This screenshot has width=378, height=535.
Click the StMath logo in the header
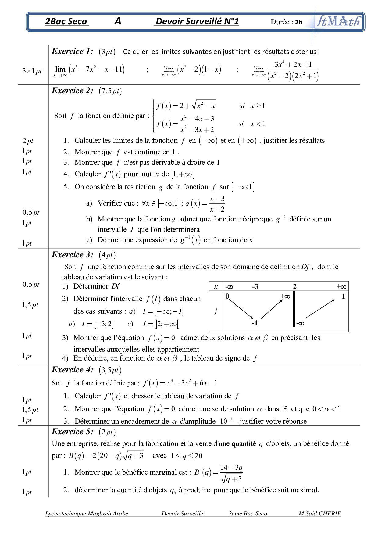[338, 21]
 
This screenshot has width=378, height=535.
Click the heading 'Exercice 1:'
[72, 51]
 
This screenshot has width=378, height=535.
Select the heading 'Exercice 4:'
[72, 370]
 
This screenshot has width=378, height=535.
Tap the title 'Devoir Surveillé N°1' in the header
[197, 21]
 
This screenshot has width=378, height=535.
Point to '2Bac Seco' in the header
[66, 21]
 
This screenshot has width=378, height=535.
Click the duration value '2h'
[299, 22]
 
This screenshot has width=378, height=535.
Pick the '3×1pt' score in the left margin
[32, 71]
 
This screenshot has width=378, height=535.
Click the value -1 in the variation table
[255, 323]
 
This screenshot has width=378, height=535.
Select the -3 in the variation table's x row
[255, 286]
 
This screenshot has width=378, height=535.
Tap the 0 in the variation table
[227, 296]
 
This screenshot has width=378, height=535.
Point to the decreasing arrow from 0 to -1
[241, 309]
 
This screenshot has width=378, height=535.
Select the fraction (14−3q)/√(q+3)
[231, 473]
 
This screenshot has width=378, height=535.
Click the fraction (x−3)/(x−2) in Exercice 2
[217, 204]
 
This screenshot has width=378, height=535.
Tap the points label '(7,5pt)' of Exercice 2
[110, 91]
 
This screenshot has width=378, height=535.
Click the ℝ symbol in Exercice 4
[285, 409]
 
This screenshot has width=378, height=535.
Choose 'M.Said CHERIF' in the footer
[319, 514]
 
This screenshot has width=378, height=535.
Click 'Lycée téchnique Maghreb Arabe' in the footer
[86, 514]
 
